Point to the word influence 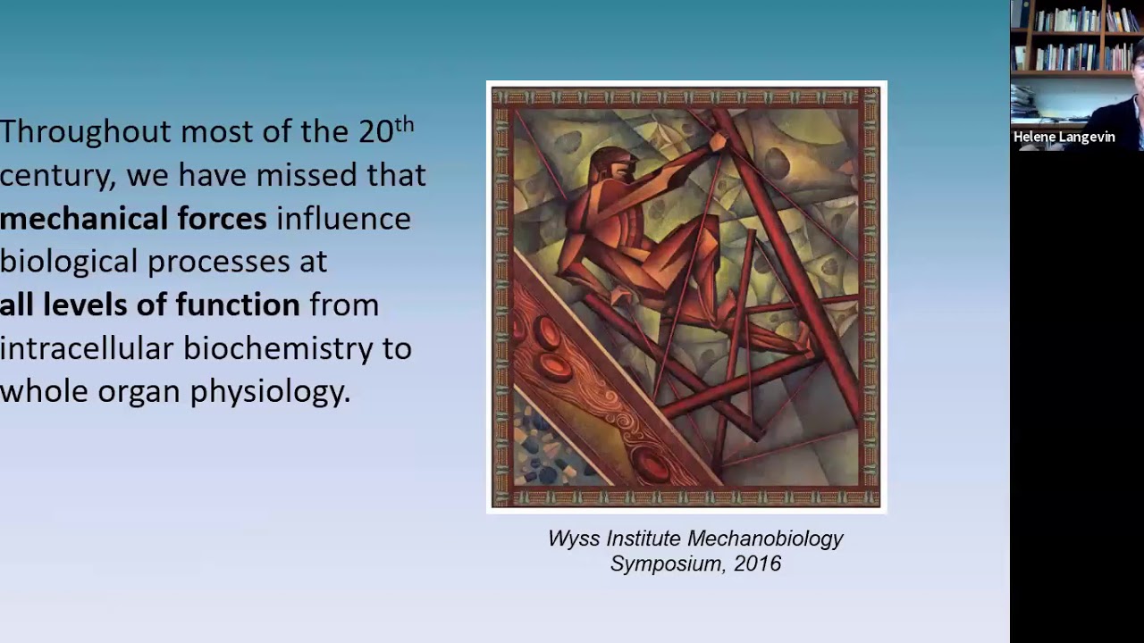(343, 219)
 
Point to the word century (56, 176)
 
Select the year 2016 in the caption (758, 564)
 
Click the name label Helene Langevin (1064, 138)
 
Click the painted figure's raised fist (718, 141)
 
